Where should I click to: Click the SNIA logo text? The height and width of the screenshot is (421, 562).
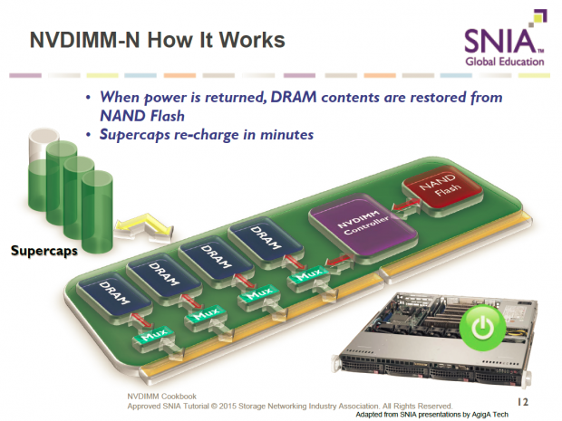(504, 41)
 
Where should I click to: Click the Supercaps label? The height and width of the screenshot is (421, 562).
(45, 250)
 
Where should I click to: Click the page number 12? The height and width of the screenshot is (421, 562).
(523, 399)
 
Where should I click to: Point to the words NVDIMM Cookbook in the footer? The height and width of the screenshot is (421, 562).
(156, 397)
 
